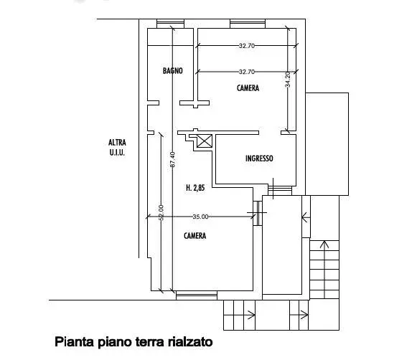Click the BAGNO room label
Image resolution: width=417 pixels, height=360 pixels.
pos(173,71)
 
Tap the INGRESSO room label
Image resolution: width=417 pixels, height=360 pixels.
pos(259,158)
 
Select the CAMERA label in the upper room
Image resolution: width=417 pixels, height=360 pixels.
pos(248,88)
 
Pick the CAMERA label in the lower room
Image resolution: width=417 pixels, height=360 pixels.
pos(195,236)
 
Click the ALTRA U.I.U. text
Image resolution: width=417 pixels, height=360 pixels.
pos(117,148)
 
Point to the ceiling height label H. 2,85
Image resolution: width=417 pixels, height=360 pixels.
pos(195,188)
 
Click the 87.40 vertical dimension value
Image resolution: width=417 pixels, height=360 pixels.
pos(172,159)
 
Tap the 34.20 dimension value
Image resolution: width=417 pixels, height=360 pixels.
pos(288,80)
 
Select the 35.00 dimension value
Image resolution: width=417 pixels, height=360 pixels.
pos(200,217)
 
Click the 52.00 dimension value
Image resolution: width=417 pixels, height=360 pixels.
pos(161,212)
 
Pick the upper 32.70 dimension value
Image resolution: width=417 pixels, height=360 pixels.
pos(247,46)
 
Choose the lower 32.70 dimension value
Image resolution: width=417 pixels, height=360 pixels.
pos(247,72)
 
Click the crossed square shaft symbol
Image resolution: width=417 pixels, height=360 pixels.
pos(205,141)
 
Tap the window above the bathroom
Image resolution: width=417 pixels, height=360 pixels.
pos(171,24)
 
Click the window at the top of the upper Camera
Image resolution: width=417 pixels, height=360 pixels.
pos(248,24)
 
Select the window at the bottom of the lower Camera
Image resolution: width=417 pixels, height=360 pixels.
pos(197,295)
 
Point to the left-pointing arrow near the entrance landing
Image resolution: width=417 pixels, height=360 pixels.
pos(306,218)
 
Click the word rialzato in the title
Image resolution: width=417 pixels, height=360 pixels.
pos(190,341)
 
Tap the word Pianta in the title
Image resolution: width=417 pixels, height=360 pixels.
pos(75,342)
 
